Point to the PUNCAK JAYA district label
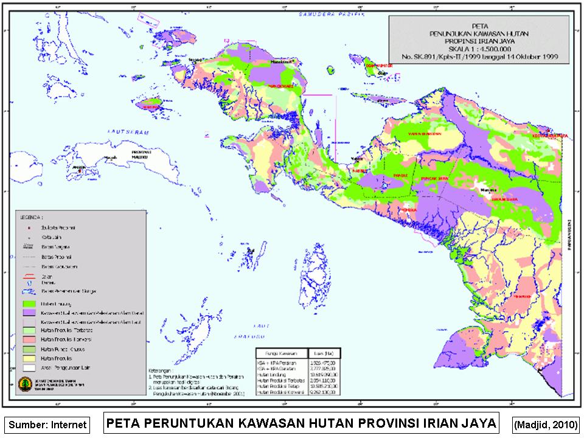coord(434,179)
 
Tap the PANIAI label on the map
coord(400,175)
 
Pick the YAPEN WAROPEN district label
coord(424,133)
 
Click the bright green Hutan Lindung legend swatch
coord(29,302)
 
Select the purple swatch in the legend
coord(29,311)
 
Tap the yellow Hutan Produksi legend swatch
coord(29,360)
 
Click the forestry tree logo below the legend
coord(24,384)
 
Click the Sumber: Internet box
coord(47,425)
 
